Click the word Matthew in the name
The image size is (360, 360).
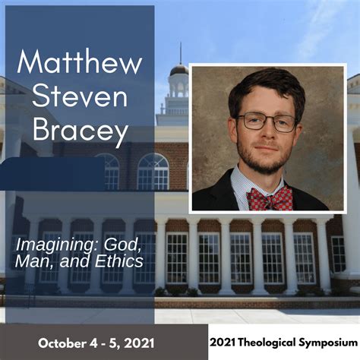point(80,63)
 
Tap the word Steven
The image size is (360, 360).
point(80,98)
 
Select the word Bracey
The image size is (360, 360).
point(80,132)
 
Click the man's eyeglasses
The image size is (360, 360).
point(266,122)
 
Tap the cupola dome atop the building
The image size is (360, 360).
point(179,70)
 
